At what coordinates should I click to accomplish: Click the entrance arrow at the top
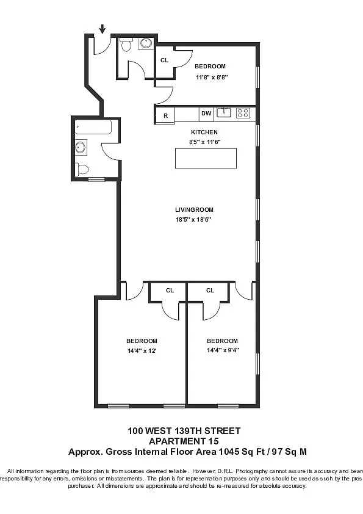[102, 29]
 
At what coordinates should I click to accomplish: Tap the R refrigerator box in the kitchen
[165, 115]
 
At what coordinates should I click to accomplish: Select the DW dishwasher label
[206, 114]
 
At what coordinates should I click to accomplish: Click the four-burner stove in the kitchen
[243, 113]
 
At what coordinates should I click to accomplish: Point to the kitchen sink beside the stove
[225, 112]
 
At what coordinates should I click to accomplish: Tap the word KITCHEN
[204, 132]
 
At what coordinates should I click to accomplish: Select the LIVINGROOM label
[194, 210]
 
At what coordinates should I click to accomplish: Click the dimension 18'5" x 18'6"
[194, 219]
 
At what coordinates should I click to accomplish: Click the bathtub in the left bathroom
[93, 128]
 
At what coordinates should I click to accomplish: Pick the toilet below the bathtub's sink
[82, 169]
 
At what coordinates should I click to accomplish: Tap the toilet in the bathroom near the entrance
[126, 44]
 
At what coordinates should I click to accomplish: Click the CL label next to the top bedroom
[164, 60]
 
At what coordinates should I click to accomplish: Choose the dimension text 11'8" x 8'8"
[210, 78]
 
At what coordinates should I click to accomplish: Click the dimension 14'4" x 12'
[142, 350]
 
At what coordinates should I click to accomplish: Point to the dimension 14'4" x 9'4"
[222, 350]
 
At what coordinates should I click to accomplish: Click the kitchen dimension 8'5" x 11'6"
[204, 142]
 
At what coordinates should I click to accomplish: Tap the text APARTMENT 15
[184, 441]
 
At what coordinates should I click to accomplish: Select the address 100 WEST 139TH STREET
[184, 431]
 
